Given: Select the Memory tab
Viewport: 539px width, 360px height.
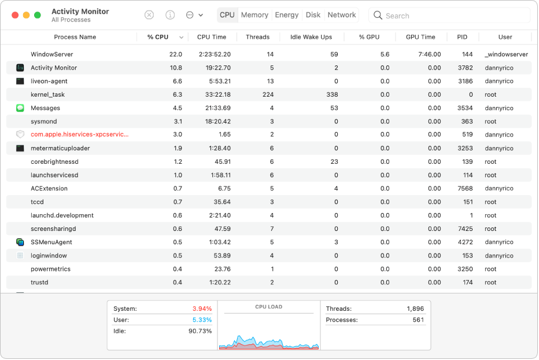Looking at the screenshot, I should click(x=254, y=15).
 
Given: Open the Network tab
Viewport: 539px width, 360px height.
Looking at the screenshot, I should click(x=342, y=15).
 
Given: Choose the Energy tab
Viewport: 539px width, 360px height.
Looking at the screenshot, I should click(x=287, y=15).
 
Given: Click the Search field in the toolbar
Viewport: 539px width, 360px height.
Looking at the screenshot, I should click(x=451, y=16).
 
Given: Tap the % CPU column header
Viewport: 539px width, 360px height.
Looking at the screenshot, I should click(x=158, y=37).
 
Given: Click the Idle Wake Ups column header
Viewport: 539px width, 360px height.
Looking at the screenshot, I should click(x=311, y=37).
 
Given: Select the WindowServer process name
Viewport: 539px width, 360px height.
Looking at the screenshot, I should click(x=52, y=54).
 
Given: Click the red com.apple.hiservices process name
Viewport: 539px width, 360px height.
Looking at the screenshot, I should click(x=79, y=135).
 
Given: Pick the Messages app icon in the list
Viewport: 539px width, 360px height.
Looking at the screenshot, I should click(x=20, y=108).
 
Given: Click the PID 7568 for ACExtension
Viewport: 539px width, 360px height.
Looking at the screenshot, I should click(x=466, y=189).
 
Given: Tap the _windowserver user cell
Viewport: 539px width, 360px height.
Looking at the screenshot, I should click(x=506, y=54).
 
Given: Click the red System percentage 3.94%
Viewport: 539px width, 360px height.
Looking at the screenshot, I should click(x=202, y=309).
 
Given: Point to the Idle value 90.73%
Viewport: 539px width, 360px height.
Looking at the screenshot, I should click(x=201, y=331).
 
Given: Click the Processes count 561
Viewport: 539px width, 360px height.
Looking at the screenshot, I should click(x=418, y=320).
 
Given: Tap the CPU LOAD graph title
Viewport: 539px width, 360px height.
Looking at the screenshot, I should click(x=269, y=307).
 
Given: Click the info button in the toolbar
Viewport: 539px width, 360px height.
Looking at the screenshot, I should click(x=170, y=15).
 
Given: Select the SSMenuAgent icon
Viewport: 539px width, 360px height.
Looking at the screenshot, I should click(x=20, y=243).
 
